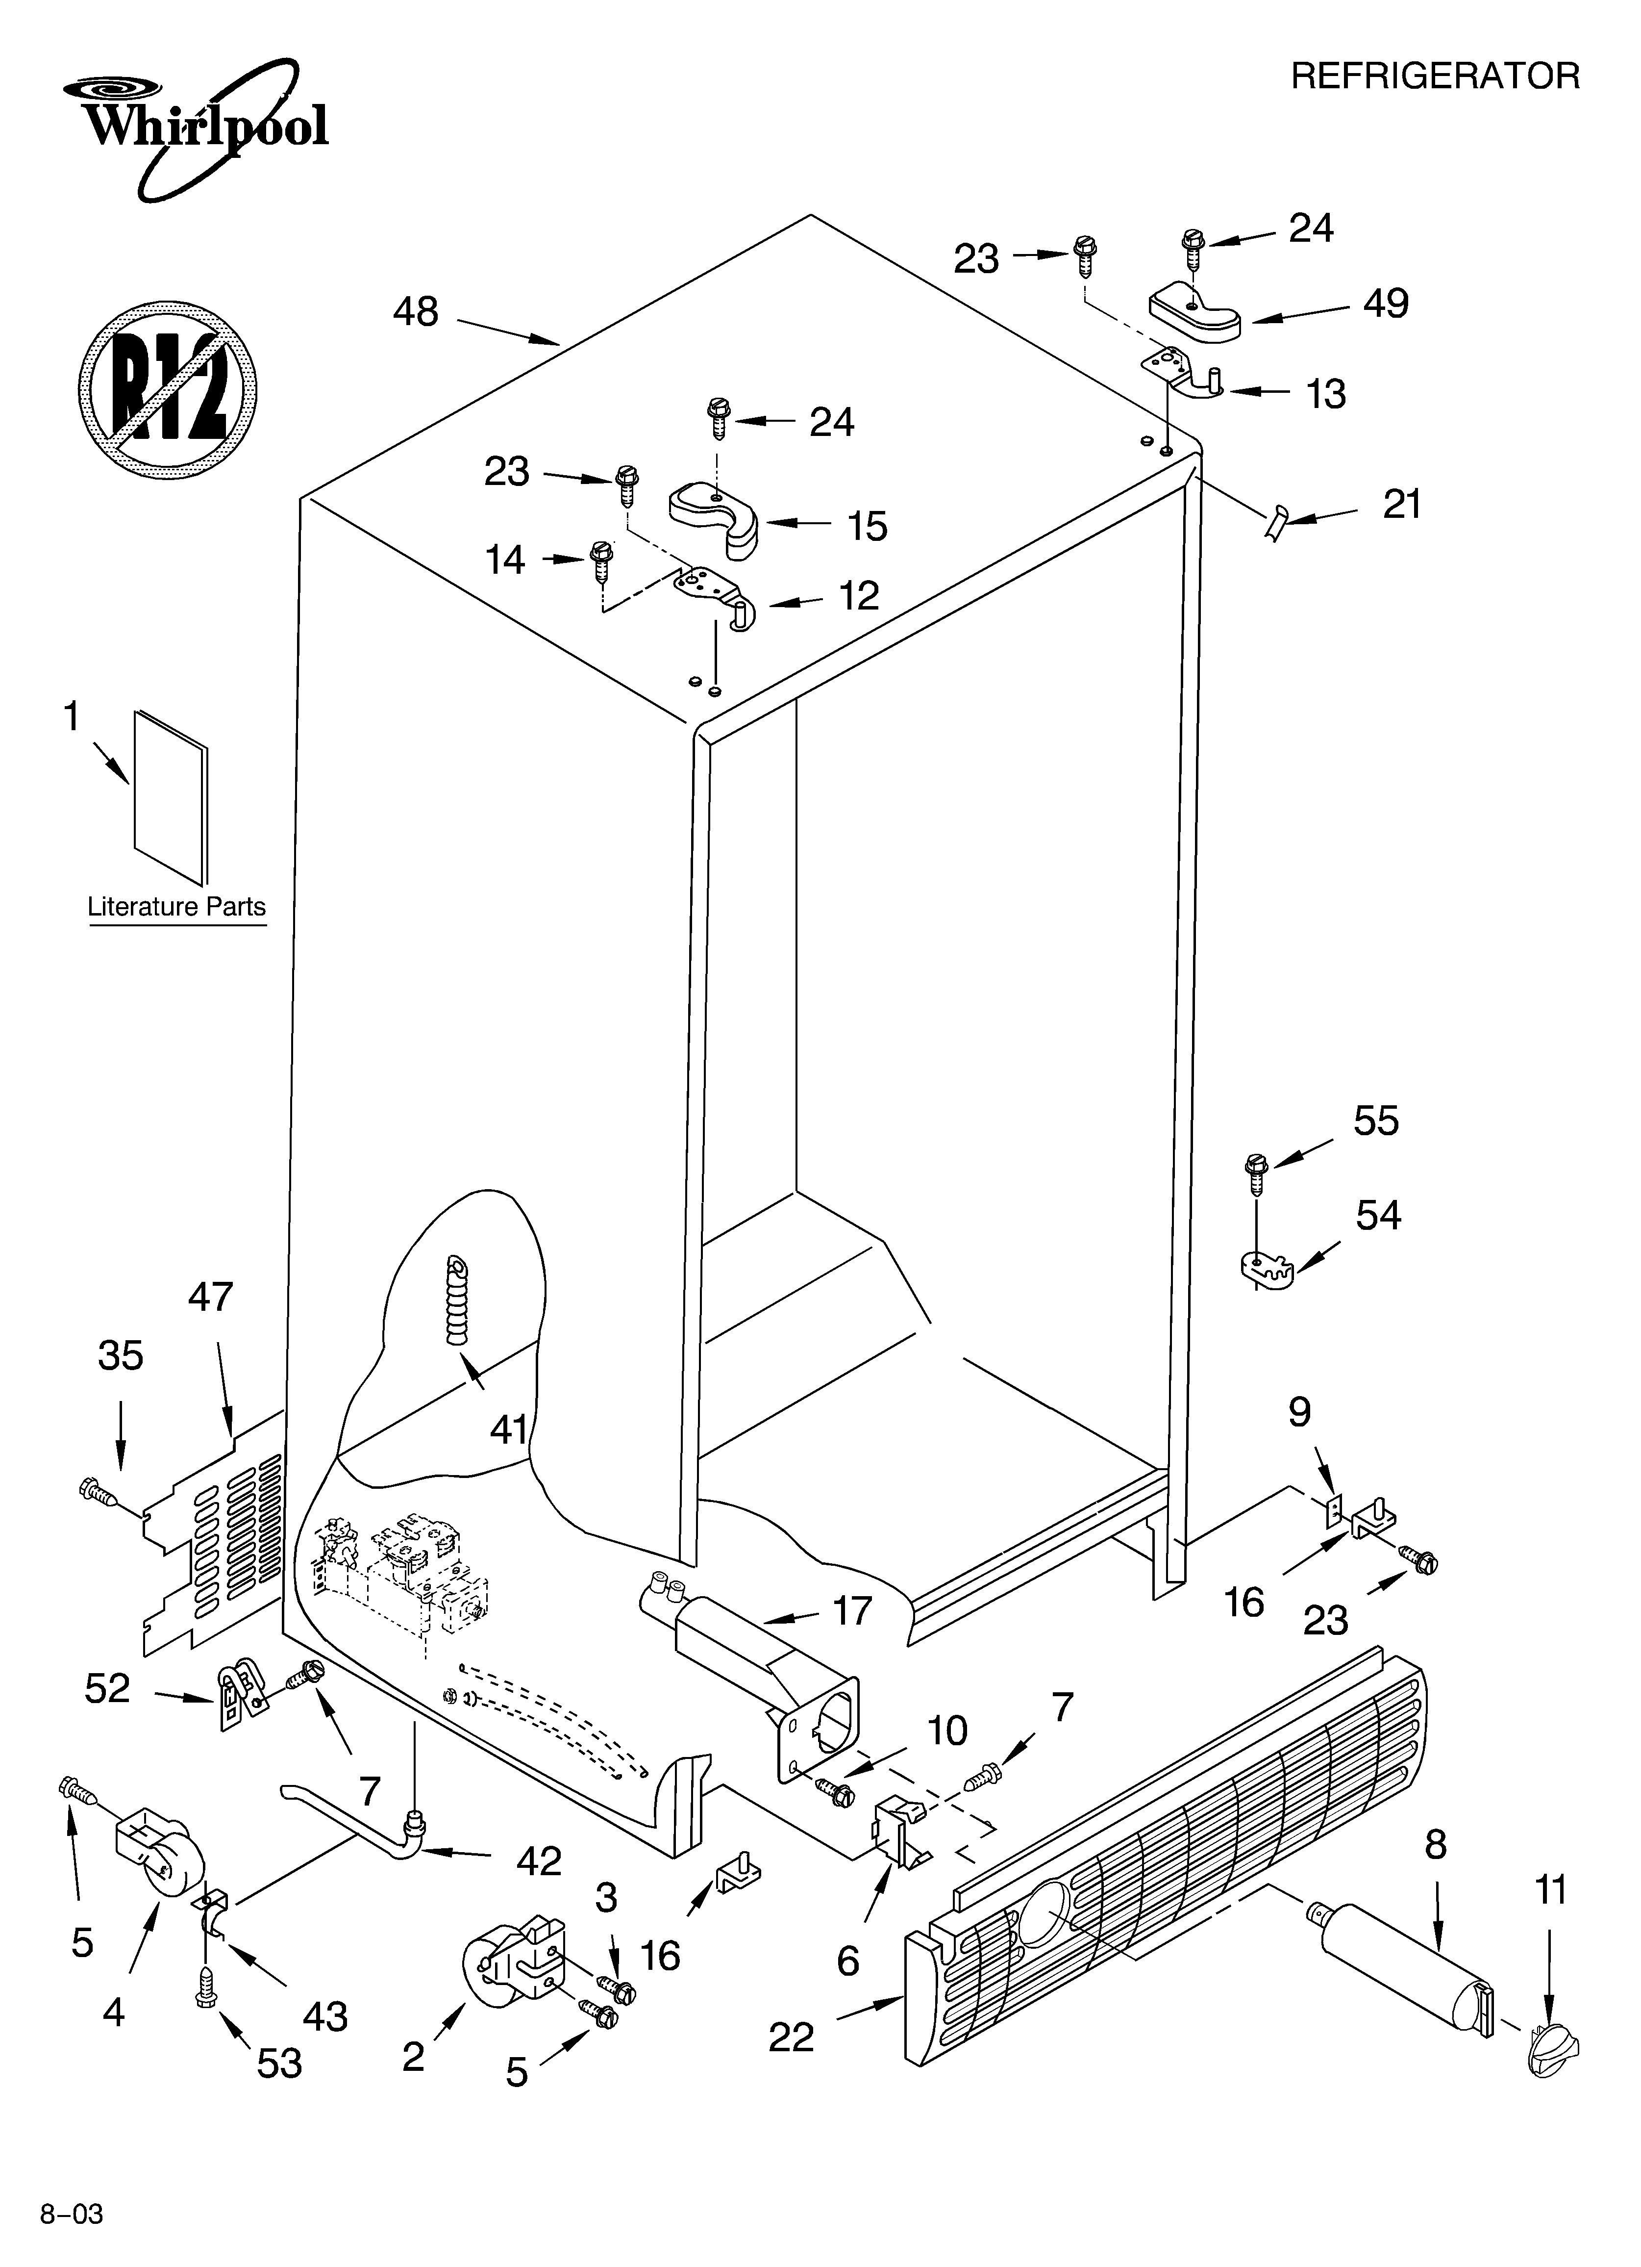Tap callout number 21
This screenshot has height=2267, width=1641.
click(1401, 505)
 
